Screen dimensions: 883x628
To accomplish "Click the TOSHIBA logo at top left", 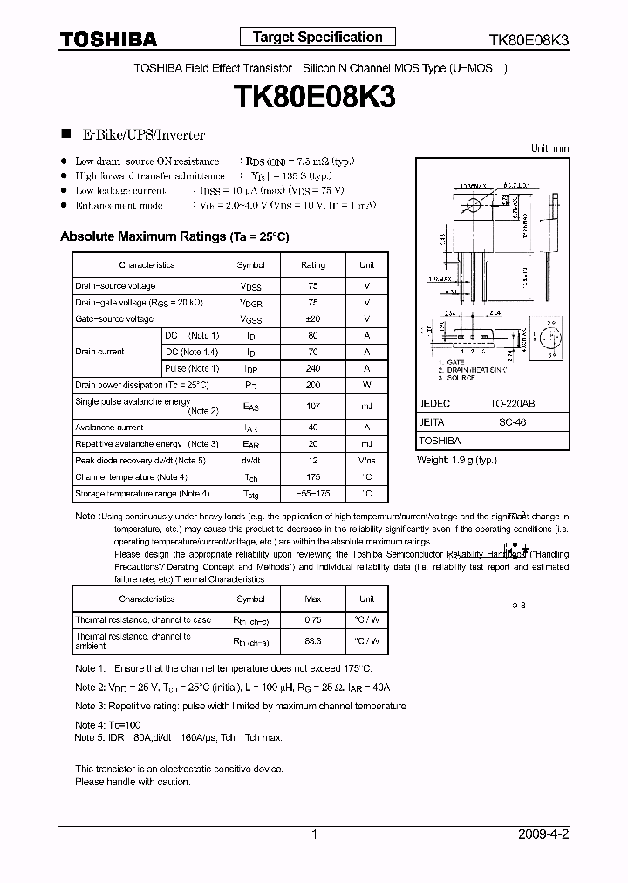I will coord(107,39).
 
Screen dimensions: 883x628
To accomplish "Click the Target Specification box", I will coord(317,37).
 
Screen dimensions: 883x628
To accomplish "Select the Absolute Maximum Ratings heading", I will coord(174,236).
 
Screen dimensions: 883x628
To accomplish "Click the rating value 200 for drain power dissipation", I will coord(313,385).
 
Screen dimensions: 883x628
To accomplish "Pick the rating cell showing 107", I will coord(313,406).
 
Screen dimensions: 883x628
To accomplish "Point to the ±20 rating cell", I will coord(313,319).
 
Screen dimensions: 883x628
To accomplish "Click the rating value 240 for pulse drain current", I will coord(313,368).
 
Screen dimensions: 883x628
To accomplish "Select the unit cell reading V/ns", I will coord(366,461).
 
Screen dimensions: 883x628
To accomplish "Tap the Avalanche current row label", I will coord(109,428).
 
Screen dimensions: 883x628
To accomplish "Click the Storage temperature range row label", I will coord(141,494).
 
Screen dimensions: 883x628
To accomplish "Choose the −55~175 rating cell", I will coord(313,494).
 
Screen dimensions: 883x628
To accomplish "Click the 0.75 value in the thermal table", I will coord(313,620).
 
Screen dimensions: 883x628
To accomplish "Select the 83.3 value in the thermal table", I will coord(313,641).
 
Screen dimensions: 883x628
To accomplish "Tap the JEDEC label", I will coord(434,405).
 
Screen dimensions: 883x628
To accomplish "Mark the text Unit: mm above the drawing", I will coord(549,148).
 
